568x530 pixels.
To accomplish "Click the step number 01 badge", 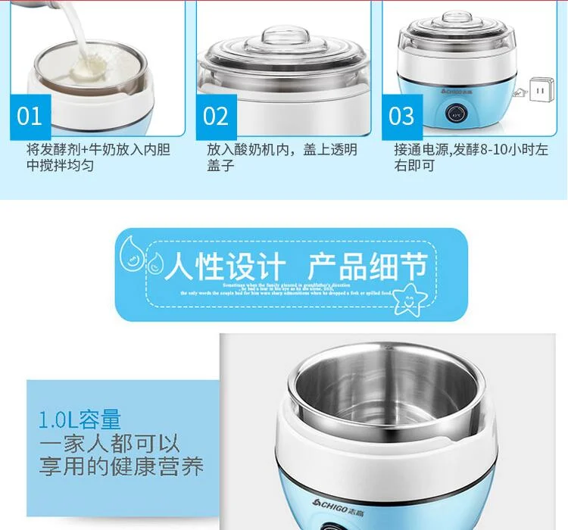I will [30, 117].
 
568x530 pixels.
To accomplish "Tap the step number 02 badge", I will [216, 117].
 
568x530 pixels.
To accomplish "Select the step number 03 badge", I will [402, 117].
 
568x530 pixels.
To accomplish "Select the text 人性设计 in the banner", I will [225, 267].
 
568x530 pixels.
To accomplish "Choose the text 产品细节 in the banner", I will [367, 267].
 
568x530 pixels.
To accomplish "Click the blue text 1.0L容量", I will [80, 419].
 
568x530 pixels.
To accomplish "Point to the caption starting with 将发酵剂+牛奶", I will [98, 157].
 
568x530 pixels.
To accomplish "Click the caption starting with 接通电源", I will [469, 157].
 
